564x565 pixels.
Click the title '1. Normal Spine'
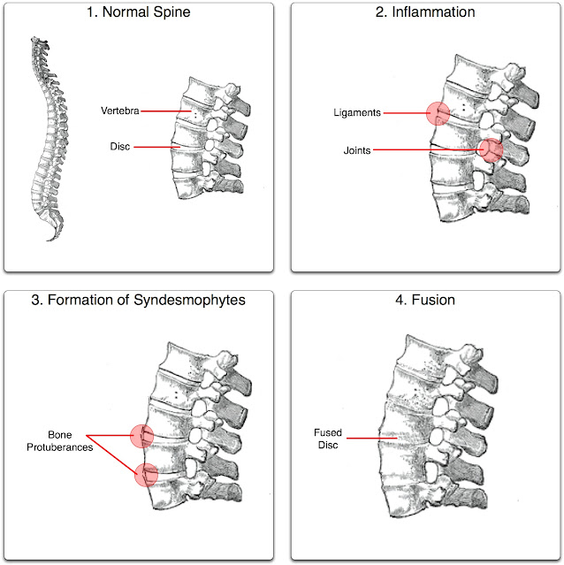pos(141,13)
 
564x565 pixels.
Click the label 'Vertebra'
pos(118,111)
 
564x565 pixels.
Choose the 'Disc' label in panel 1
pos(121,148)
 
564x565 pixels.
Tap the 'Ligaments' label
pos(357,113)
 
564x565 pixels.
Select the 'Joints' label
pos(357,150)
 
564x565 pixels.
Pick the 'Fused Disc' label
pos(327,439)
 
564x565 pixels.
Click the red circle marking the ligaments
pos(438,113)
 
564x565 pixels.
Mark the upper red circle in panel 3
pos(141,435)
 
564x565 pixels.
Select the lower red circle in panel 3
pos(146,475)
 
